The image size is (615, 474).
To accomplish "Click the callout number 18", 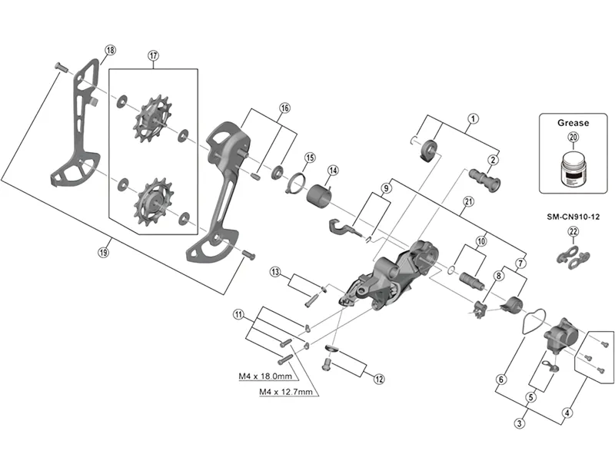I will pyautogui.click(x=110, y=50).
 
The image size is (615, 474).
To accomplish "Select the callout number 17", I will pyautogui.click(x=153, y=55).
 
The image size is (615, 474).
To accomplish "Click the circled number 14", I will pyautogui.click(x=333, y=171).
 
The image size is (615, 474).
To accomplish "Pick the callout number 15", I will pyautogui.click(x=310, y=157).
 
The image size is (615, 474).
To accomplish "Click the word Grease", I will pyautogui.click(x=573, y=122).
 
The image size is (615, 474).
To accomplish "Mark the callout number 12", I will pyautogui.click(x=379, y=378).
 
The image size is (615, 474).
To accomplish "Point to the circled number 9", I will pyautogui.click(x=386, y=188).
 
